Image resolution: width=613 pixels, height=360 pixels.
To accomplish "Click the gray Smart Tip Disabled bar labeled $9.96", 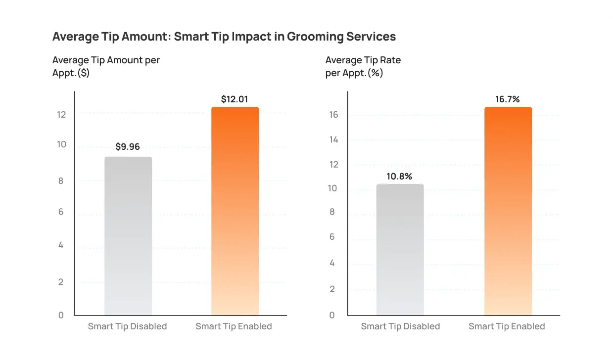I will [x=128, y=236].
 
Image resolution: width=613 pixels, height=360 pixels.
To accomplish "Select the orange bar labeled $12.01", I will [x=235, y=211].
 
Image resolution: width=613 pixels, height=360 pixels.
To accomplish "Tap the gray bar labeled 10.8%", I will [x=400, y=250].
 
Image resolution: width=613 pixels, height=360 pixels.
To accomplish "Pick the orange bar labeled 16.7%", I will [x=508, y=211].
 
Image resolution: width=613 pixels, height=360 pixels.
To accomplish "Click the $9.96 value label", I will [x=128, y=147].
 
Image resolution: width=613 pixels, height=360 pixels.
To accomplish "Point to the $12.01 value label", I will [x=235, y=99].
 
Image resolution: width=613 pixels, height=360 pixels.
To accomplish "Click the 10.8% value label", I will [x=399, y=176].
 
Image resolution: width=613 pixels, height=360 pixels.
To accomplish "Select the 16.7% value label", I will [x=508, y=99].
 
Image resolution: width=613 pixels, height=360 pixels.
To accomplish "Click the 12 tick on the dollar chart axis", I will [x=61, y=114].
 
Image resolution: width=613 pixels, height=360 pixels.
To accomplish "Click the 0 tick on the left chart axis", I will [x=61, y=315].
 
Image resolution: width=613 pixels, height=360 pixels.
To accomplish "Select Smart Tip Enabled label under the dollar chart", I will [x=234, y=326].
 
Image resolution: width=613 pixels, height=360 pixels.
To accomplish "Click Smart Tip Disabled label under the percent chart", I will [x=400, y=326].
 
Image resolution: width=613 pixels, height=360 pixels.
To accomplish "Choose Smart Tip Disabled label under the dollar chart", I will [x=127, y=326].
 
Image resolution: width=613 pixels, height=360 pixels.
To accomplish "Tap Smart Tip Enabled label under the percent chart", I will [x=507, y=326].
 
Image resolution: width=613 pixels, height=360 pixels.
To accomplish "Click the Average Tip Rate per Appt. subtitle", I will [x=363, y=66].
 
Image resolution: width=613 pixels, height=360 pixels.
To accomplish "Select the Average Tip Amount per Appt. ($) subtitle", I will [x=106, y=66].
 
